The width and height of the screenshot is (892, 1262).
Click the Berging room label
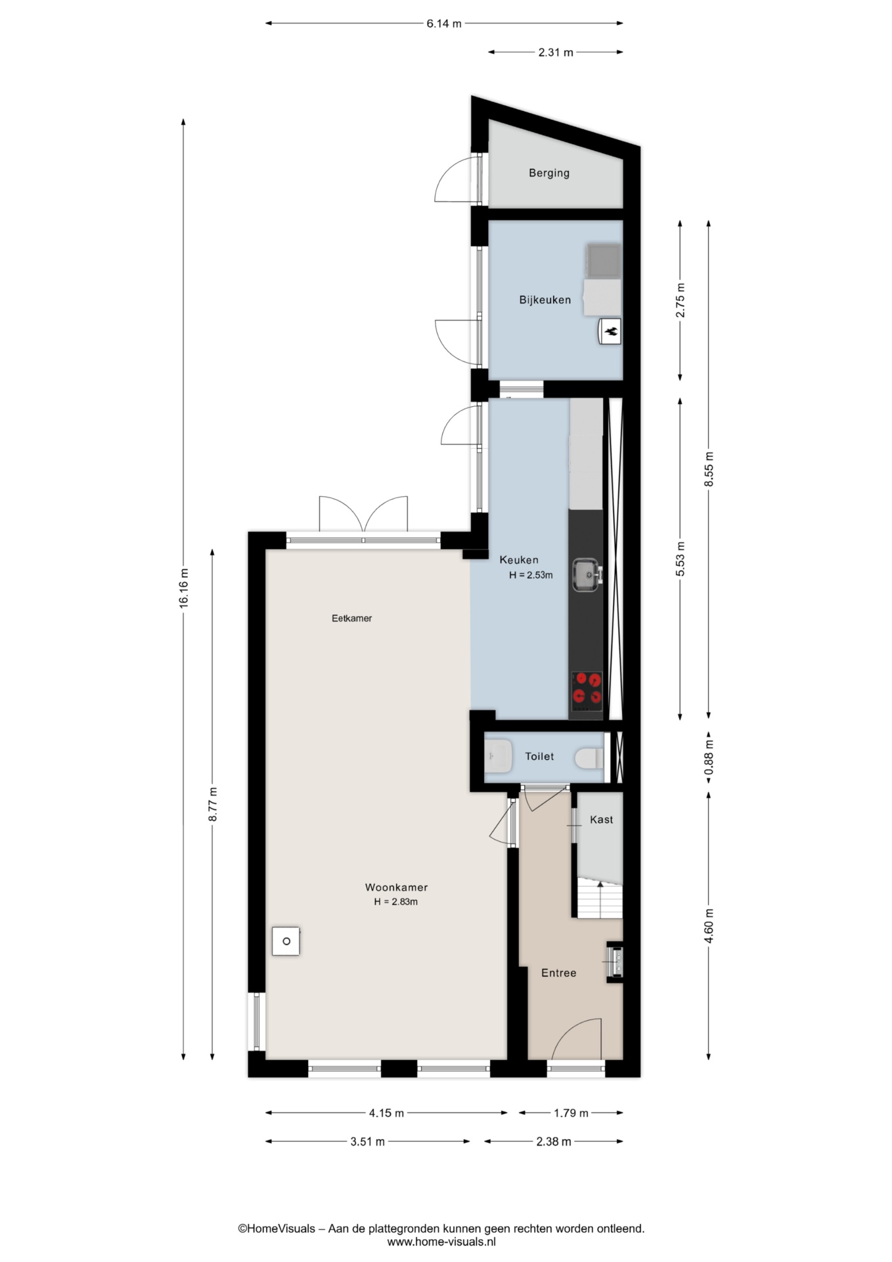coord(549,173)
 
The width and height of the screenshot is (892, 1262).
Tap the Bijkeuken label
coord(545,300)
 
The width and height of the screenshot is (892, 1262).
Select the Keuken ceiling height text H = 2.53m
coord(531,575)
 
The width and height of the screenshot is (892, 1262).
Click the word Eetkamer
coord(351,619)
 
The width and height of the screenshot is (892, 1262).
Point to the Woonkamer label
coord(396,887)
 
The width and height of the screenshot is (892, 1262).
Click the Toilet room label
coord(539,757)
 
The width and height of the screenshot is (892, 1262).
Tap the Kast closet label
coord(601,820)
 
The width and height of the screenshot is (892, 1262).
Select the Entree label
coord(558,973)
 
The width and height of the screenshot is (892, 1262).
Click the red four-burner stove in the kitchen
coord(587,691)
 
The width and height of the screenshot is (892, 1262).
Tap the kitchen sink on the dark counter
coord(587,574)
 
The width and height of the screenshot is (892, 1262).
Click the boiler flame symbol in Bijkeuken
coord(610,332)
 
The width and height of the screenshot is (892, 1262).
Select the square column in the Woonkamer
coord(286,941)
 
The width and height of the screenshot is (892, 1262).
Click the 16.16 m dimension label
coord(184,588)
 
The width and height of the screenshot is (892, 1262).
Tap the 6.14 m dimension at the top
coord(444,24)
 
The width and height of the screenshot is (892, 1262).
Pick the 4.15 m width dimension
coord(386,1113)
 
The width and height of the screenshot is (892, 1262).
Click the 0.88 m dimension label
coord(709,758)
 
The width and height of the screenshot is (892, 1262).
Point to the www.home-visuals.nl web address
coord(441,1242)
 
